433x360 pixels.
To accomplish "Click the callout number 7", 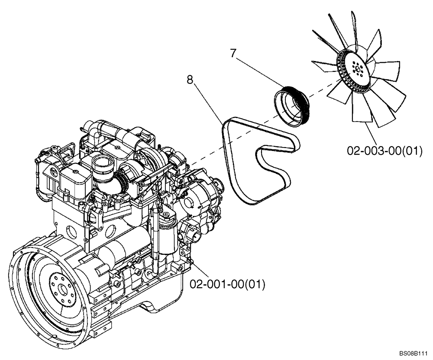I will point(233,54).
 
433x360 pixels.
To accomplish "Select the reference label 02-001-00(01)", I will point(227,284).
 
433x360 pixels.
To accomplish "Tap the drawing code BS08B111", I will point(414,353).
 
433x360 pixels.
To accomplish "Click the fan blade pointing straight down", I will point(361,108).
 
